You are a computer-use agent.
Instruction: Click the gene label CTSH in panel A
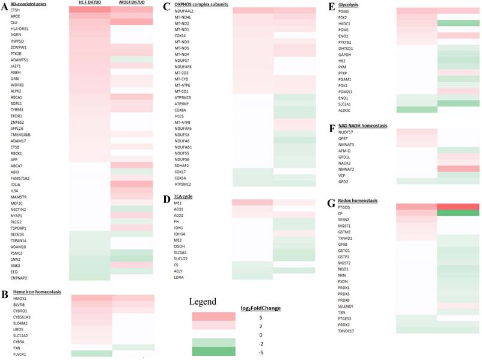pyautogui.click(x=15, y=10)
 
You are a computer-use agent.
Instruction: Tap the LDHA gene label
pyautogui.click(x=178, y=276)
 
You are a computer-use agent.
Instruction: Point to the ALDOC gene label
pyautogui.click(x=345, y=110)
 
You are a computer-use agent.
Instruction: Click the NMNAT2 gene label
pyautogui.click(x=347, y=169)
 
